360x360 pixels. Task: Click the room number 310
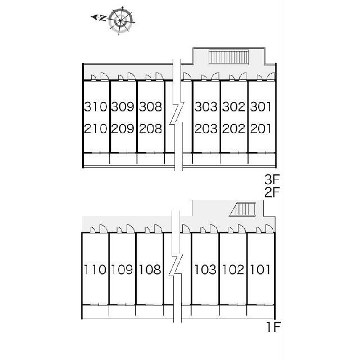click(95, 107)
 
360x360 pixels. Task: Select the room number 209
click(123, 129)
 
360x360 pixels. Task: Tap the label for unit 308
click(150, 107)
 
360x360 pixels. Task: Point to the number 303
click(206, 107)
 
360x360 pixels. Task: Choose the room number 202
click(233, 129)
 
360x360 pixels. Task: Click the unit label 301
click(261, 107)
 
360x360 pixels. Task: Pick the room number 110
click(95, 269)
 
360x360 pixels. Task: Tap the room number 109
click(123, 269)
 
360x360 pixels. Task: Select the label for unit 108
click(150, 269)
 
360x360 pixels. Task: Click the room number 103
click(205, 269)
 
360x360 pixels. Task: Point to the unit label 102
click(233, 269)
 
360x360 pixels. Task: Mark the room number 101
click(260, 269)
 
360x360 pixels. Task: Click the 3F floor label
click(272, 181)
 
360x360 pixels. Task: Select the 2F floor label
click(272, 192)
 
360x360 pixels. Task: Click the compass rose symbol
click(120, 20)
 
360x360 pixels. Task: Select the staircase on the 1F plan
click(244, 210)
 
